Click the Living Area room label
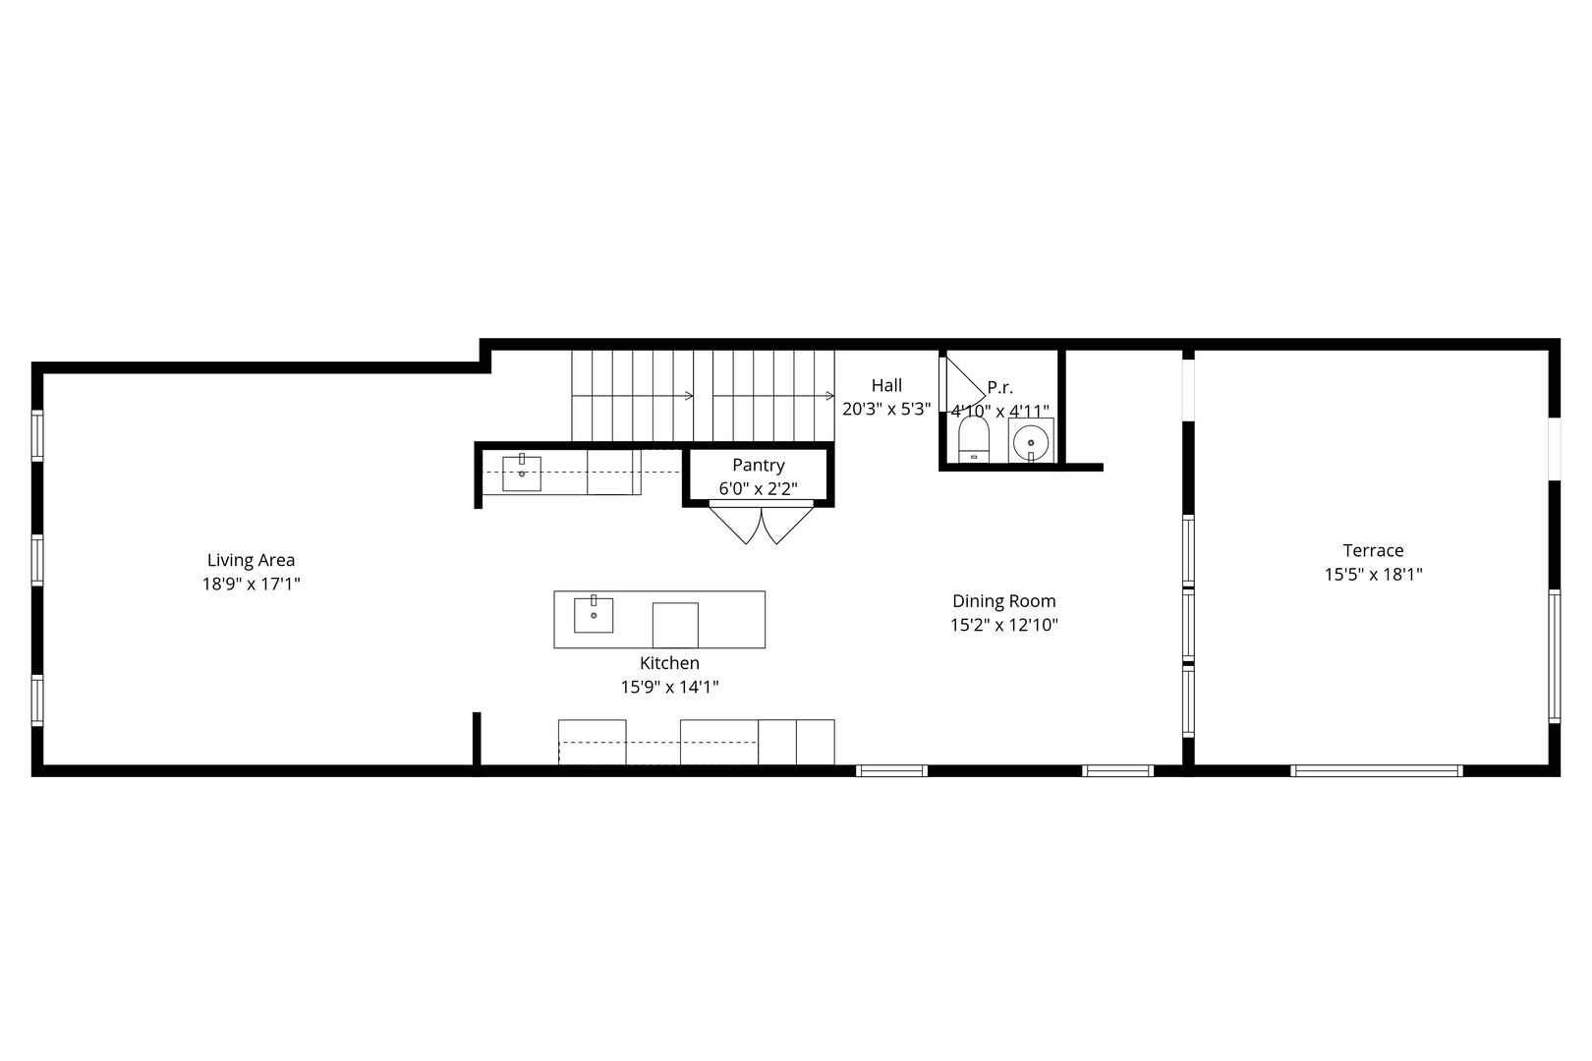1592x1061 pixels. [251, 560]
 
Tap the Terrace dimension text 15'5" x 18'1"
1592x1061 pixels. [1373, 575]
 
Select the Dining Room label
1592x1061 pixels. [1003, 601]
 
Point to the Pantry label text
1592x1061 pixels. [758, 466]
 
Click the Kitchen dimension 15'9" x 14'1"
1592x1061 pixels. [669, 688]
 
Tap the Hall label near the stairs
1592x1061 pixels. [886, 386]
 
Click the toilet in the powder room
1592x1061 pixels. [973, 439]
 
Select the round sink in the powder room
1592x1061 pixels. [1031, 441]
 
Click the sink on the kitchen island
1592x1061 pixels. [594, 615]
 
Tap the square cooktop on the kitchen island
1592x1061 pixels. [675, 625]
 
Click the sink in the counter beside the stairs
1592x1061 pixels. [522, 474]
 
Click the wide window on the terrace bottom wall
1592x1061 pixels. [1377, 770]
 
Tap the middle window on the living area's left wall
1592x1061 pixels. [37, 560]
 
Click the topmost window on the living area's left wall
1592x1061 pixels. [37, 435]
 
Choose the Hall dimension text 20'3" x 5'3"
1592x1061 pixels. [886, 410]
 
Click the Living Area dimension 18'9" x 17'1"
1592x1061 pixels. [251, 585]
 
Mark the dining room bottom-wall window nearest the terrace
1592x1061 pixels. [1118, 770]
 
